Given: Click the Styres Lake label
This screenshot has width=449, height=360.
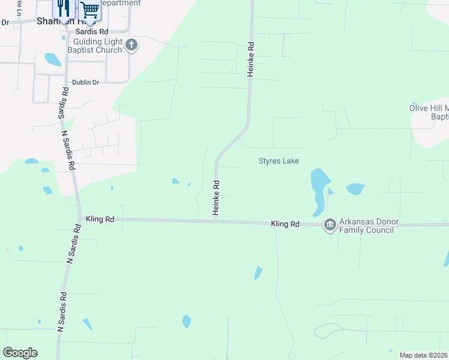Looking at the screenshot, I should click(x=279, y=161).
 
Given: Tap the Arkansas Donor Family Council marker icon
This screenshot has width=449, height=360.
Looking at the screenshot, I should click(x=330, y=225).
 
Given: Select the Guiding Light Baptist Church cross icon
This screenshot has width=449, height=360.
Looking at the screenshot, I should click(x=131, y=44).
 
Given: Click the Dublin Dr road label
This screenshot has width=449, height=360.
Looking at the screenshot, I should click(x=85, y=82).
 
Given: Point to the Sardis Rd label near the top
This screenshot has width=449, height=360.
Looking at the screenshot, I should click(x=92, y=31).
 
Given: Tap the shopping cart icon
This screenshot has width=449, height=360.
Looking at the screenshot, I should click(x=89, y=10).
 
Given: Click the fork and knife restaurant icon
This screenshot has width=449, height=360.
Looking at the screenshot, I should click(x=63, y=8).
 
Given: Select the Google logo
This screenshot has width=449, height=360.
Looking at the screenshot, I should click(x=20, y=353).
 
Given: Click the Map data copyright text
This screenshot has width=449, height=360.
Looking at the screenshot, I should click(x=424, y=355).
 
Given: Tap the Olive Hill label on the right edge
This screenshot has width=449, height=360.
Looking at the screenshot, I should click(x=429, y=112).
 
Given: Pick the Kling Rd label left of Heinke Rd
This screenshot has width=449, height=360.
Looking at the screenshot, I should click(x=100, y=220).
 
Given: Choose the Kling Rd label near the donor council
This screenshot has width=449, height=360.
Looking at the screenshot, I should click(x=285, y=223).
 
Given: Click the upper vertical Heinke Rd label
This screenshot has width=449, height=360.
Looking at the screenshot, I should click(x=252, y=59).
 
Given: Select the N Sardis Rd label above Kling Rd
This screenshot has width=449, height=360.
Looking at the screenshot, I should click(x=68, y=144).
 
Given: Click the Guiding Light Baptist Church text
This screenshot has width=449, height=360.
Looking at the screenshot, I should click(x=97, y=46).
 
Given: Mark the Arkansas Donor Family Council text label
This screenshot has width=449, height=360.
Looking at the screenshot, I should click(x=366, y=226).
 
